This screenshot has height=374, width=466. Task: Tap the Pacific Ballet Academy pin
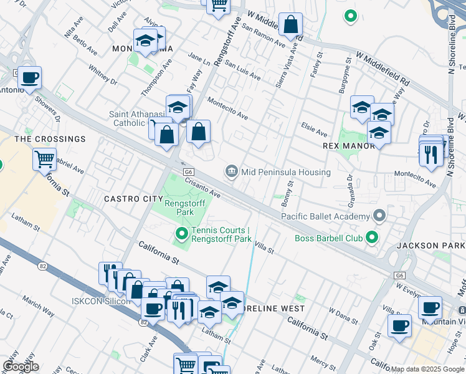point(379,216)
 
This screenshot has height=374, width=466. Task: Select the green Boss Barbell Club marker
point(372,237)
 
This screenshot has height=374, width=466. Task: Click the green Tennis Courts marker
point(182,234)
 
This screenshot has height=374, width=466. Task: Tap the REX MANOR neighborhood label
point(349,145)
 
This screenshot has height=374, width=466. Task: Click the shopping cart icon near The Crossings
point(45,159)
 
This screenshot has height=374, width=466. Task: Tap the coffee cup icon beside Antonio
point(29,78)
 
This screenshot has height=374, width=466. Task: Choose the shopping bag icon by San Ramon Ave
point(290,25)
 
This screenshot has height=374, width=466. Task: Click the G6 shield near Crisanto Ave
point(188,171)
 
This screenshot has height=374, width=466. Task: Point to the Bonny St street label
point(287,195)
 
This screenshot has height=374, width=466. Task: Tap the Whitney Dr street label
point(103,75)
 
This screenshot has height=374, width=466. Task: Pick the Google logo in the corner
point(21,367)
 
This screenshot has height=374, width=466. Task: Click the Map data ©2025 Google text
point(427,369)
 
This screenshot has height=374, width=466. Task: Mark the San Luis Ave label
point(243,70)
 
